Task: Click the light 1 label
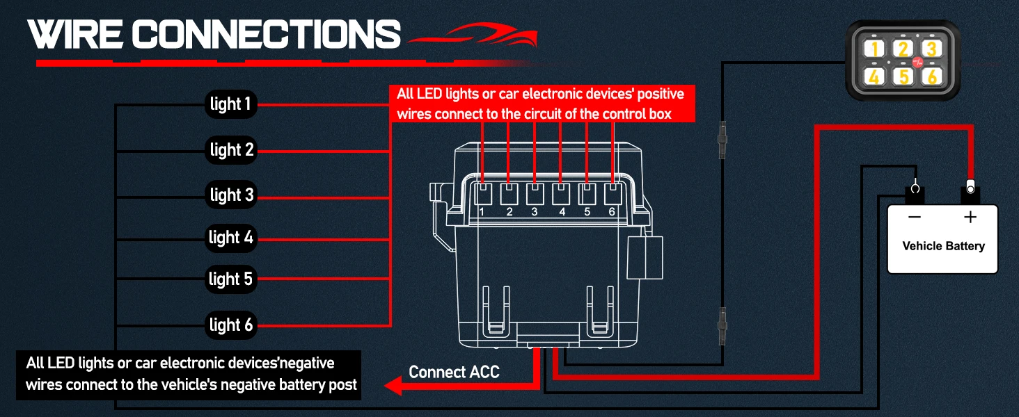pos(230,105)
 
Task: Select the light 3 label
pos(231,195)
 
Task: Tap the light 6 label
pos(231,325)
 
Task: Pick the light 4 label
pos(231,238)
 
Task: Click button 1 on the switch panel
pos(875,49)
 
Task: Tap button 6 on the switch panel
pos(931,75)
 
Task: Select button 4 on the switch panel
pos(875,75)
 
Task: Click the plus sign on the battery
pos(970,218)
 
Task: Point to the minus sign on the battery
pos(915,218)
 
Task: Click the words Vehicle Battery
pos(943,246)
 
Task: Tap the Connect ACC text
pos(454,373)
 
